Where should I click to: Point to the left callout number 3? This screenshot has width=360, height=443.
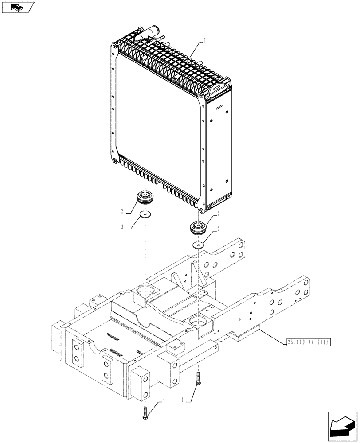(122, 228)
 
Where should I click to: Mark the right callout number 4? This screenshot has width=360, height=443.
(182, 399)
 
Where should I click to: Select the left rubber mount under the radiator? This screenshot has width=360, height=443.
(145, 198)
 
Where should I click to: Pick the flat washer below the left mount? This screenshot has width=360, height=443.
(145, 215)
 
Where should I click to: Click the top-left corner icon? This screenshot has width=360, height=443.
(17, 7)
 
